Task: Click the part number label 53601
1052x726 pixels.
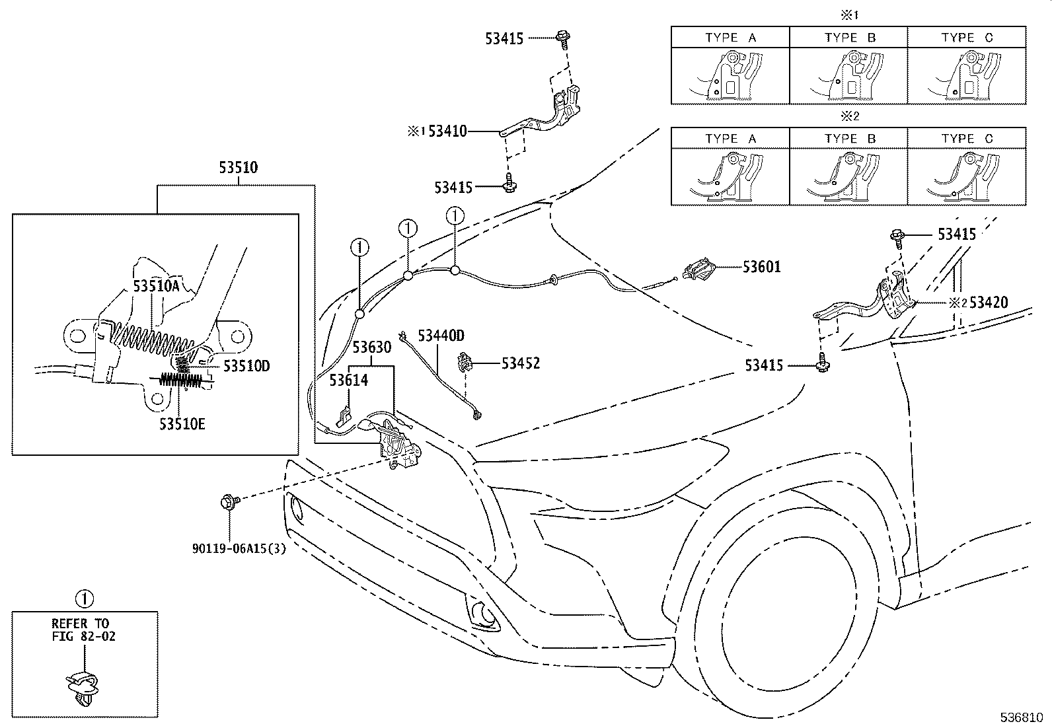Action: (761, 267)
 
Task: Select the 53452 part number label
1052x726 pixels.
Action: (520, 363)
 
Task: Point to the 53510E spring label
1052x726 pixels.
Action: (182, 423)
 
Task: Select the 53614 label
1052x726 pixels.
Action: (349, 380)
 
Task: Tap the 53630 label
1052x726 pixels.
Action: (371, 347)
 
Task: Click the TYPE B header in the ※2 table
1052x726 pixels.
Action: (849, 139)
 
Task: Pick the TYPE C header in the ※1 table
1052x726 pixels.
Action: (967, 38)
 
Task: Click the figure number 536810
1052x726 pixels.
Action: (1021, 716)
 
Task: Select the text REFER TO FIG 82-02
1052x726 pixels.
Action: (80, 629)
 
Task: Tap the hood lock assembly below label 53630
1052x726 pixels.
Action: (398, 447)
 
